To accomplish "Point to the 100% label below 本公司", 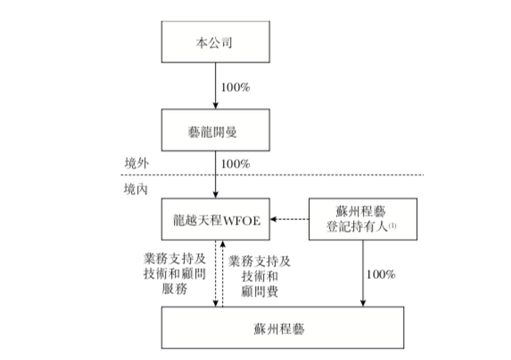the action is pyautogui.click(x=235, y=87).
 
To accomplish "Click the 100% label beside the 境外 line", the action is pyautogui.click(x=235, y=164).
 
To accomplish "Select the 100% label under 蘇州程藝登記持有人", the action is pyautogui.click(x=381, y=274).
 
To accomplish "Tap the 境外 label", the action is pyautogui.click(x=136, y=163).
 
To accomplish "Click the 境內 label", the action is pyautogui.click(x=136, y=189).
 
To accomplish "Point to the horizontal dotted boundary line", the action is pyautogui.click(x=272, y=175).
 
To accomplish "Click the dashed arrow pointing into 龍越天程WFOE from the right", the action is pyautogui.click(x=290, y=219).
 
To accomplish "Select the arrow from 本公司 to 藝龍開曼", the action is pyautogui.click(x=215, y=86).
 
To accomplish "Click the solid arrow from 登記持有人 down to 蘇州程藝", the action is pyautogui.click(x=363, y=274).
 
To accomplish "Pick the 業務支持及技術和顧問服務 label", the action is pyautogui.click(x=175, y=274).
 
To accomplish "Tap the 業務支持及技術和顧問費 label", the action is pyautogui.click(x=260, y=276).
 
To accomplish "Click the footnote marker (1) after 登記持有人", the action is pyautogui.click(x=392, y=225).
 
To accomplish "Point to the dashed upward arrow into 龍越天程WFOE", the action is pyautogui.click(x=223, y=274).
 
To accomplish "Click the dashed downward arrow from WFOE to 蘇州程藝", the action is pyautogui.click(x=215, y=274).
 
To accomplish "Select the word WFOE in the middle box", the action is pyautogui.click(x=243, y=221).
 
